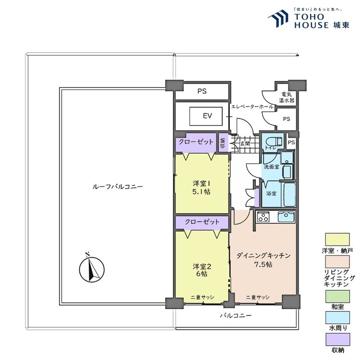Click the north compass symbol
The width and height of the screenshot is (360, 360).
click(x=92, y=269)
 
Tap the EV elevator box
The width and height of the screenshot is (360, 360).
click(x=206, y=116)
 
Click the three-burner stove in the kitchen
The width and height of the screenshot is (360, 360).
click(x=263, y=217)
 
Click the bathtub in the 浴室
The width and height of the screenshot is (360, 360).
click(x=289, y=194)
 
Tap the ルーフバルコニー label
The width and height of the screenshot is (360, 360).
click(x=118, y=186)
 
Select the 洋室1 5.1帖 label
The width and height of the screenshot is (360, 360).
click(x=202, y=188)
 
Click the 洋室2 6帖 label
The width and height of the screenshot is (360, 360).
click(x=202, y=270)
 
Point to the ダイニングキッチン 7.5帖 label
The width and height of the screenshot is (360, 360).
click(x=264, y=260)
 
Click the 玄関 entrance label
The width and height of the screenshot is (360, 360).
click(x=245, y=144)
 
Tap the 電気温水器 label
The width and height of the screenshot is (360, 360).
click(x=287, y=97)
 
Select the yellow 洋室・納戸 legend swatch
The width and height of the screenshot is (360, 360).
click(x=337, y=240)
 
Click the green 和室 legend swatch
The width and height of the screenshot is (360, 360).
click(x=337, y=297)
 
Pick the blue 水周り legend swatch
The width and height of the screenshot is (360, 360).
click(x=337, y=318)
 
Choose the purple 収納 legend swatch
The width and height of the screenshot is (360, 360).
click(x=338, y=339)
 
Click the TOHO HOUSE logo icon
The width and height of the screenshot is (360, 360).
click(x=278, y=19)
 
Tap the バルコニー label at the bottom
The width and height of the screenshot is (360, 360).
click(x=236, y=315)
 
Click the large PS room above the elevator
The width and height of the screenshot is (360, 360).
click(x=202, y=91)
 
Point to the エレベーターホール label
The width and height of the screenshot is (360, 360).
click(x=252, y=107)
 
